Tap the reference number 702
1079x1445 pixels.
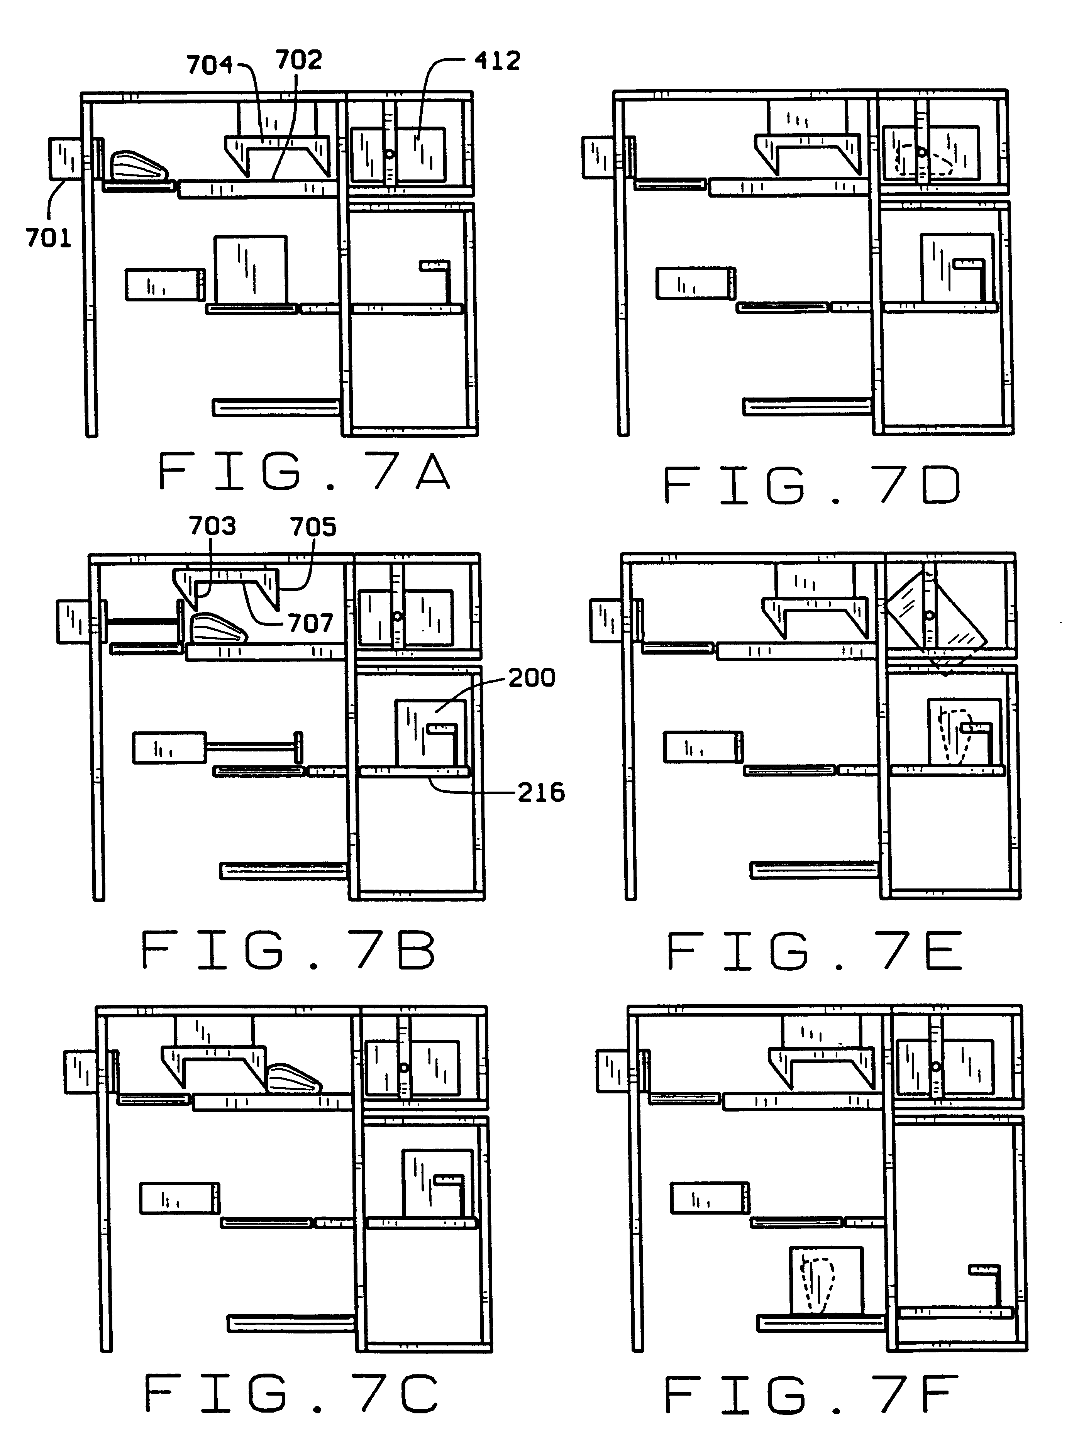pyautogui.click(x=298, y=60)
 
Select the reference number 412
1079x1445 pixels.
pyautogui.click(x=497, y=61)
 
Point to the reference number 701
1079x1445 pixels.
pyautogui.click(x=48, y=237)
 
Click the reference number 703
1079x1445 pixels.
pyautogui.click(x=212, y=526)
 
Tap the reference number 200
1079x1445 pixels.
pyautogui.click(x=531, y=677)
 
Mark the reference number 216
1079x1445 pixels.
pyautogui.click(x=541, y=793)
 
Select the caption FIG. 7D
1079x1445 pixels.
pyautogui.click(x=812, y=485)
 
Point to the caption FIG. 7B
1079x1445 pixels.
pyautogui.click(x=288, y=951)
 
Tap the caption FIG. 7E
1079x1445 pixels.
pyautogui.click(x=814, y=951)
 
